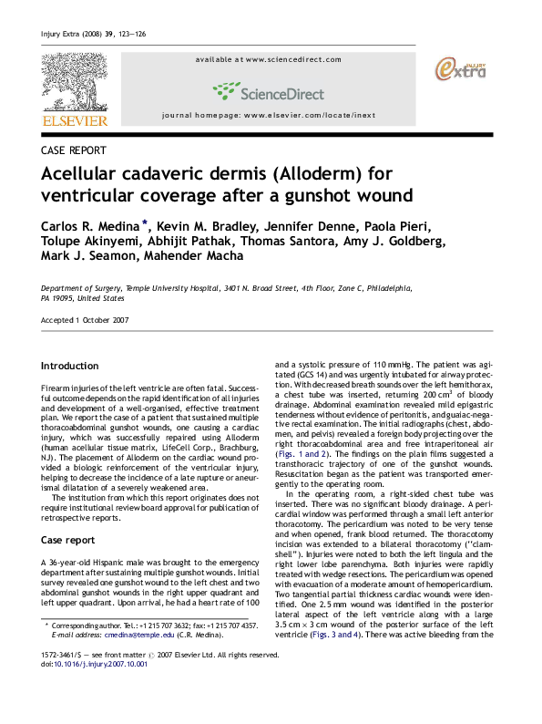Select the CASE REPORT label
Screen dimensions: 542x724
(74, 149)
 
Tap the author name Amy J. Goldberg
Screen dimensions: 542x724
(397, 243)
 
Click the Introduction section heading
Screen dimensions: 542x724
(71, 366)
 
